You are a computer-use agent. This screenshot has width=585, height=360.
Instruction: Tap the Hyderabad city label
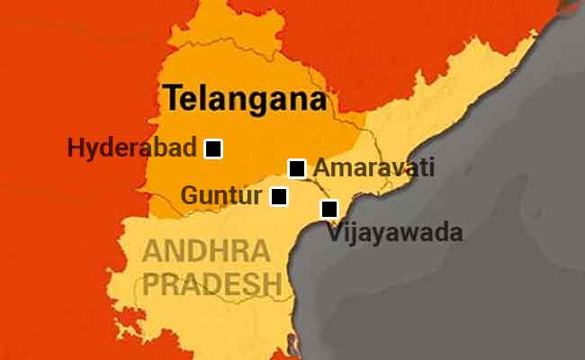132,148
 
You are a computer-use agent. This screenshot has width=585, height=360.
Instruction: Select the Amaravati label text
373,167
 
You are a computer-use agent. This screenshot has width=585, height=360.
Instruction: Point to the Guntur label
221,195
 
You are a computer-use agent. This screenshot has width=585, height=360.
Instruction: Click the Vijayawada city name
395,234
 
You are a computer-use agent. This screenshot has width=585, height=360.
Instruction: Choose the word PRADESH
212,283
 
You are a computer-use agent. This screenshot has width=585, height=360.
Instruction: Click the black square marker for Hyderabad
213,148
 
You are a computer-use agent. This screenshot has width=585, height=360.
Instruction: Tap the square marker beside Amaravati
296,168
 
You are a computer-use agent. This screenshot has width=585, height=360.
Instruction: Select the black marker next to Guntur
279,195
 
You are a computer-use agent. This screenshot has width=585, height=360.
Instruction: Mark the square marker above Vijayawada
329,209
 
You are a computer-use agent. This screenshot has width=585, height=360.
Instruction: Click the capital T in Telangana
171,98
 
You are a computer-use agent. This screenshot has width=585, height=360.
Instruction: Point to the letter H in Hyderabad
75,148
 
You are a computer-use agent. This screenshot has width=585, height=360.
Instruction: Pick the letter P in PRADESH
154,283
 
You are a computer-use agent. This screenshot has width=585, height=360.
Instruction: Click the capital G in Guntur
189,195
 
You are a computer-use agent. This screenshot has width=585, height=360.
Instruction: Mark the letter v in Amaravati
400,168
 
